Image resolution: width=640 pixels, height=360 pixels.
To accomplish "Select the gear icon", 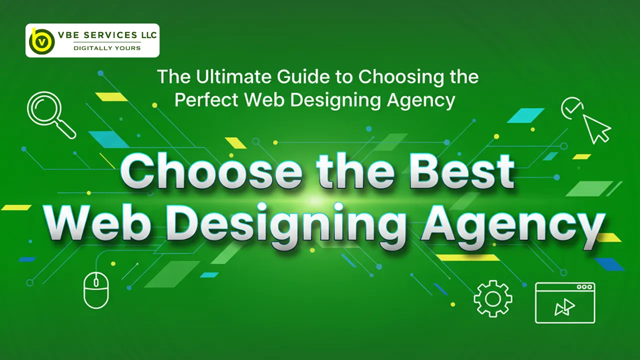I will (493, 299).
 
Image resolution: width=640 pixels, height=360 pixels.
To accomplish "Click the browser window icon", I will (565, 302).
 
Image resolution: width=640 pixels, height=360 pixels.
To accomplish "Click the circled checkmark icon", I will (572, 108).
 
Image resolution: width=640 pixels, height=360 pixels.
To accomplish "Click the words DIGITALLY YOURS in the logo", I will (107, 48).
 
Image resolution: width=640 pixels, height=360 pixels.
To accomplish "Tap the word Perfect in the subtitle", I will (206, 100).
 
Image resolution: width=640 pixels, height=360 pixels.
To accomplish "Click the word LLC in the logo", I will (147, 35).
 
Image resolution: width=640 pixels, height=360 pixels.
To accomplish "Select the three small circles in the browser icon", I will (584, 287).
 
